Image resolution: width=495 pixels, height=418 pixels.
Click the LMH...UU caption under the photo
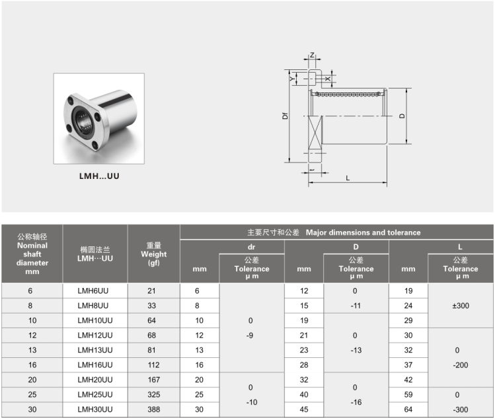click(x=99, y=176)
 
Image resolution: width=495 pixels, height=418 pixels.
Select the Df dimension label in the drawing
click(x=285, y=116)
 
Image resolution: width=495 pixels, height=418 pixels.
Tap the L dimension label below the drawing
click(x=348, y=178)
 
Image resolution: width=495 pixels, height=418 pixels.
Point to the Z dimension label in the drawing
click(x=312, y=55)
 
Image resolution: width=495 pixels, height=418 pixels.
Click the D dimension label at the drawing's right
click(x=402, y=116)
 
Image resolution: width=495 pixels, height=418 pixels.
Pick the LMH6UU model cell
click(x=93, y=291)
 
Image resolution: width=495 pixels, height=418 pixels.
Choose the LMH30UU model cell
click(x=95, y=409)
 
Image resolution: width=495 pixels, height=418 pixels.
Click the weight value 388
click(x=154, y=409)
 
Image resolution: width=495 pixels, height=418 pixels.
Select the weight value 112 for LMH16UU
click(x=154, y=365)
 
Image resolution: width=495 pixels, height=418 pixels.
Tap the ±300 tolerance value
click(x=461, y=305)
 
